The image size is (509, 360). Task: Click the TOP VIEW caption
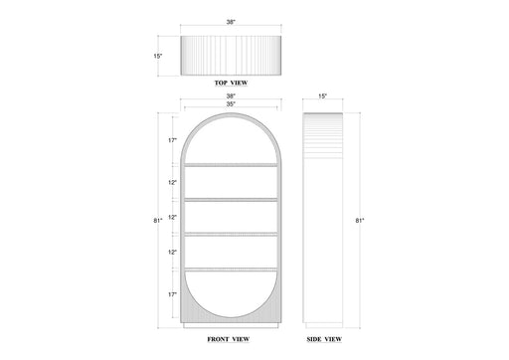tap(231, 83)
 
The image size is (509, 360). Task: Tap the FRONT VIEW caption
tap(229, 339)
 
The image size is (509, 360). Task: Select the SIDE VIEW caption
tap(324, 339)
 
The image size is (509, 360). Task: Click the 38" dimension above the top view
tap(231, 22)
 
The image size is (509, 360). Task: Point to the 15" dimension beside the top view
tap(158, 56)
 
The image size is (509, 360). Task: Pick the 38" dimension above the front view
tap(231, 96)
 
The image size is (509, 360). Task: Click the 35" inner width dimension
tap(231, 103)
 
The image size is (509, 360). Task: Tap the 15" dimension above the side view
tap(322, 96)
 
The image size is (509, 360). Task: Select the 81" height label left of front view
tap(158, 221)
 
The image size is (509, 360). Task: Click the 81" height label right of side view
tap(360, 221)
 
